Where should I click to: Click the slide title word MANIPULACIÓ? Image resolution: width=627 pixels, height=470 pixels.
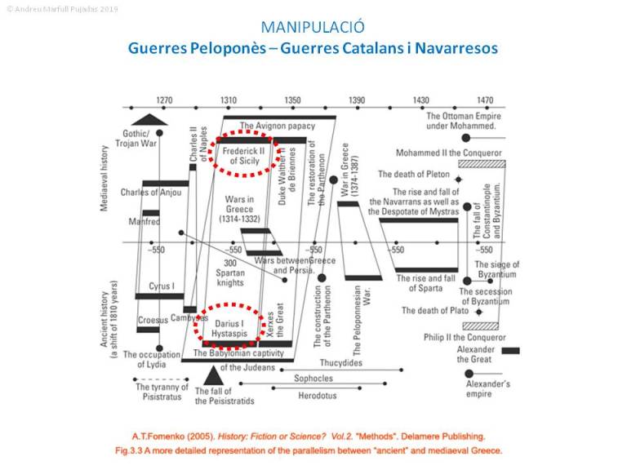tap(313, 27)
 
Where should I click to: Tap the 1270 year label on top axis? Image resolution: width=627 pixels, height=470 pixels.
tap(165, 100)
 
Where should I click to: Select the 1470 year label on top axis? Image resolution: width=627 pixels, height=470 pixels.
tap(485, 100)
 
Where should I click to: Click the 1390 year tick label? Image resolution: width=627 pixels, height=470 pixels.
tap(357, 100)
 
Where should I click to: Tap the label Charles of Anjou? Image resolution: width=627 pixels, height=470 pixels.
tap(150, 193)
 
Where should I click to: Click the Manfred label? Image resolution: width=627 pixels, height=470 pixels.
tap(145, 221)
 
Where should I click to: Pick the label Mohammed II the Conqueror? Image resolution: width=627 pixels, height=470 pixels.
tap(449, 153)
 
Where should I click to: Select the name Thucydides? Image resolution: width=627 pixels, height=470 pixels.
tap(341, 363)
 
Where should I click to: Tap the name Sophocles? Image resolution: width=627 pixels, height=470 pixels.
tap(313, 379)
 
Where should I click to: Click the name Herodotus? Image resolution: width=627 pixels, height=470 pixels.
tap(317, 396)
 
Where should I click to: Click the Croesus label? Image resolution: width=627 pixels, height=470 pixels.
tap(153, 320)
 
